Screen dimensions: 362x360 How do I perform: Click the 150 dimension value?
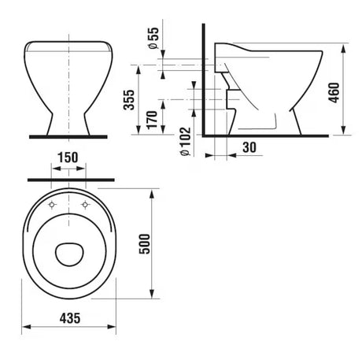coord(68,158)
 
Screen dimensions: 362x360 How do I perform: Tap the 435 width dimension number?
coord(70,318)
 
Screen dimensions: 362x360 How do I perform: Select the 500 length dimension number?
coord(145,244)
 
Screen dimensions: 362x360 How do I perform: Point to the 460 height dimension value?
coord(334,93)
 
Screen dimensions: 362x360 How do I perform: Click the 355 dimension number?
coord(129,100)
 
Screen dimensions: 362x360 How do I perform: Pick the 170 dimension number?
coord(152,120)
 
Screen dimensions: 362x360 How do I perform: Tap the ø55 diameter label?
coord(153,38)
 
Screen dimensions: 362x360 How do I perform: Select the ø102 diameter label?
coord(186,142)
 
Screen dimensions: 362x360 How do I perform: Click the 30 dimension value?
coord(249,147)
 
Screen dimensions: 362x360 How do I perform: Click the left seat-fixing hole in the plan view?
coord(52,205)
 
